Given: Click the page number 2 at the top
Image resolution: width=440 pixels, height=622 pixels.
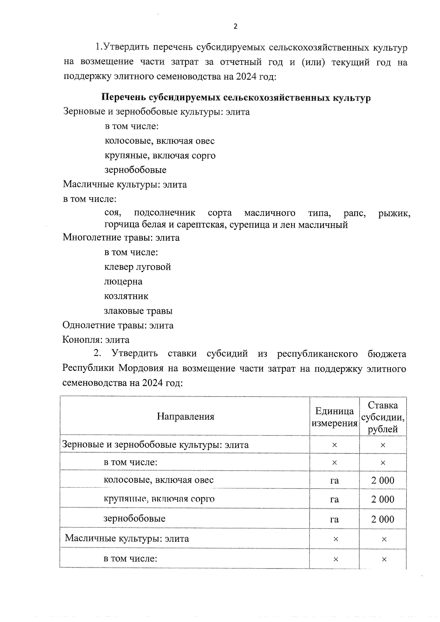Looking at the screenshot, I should (x=235, y=26).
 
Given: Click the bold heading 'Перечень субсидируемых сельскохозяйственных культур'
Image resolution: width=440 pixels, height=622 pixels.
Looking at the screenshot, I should (x=236, y=98).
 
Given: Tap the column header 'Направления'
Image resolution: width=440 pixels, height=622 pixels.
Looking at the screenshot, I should (x=186, y=416).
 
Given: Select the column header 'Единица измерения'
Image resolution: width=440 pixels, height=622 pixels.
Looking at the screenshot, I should (x=334, y=417).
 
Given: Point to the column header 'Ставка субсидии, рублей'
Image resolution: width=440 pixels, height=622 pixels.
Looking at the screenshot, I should (x=383, y=417).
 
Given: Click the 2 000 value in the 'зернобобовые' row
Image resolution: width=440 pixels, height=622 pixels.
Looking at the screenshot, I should (x=383, y=519).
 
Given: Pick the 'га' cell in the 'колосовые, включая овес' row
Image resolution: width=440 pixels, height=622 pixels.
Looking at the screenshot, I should (x=334, y=480).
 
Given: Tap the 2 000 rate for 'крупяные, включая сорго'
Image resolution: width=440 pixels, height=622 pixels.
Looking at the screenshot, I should (x=383, y=499).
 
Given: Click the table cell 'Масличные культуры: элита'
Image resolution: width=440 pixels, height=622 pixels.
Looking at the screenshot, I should (x=127, y=538).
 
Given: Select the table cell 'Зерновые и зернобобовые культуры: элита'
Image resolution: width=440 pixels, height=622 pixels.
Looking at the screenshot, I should (x=155, y=445).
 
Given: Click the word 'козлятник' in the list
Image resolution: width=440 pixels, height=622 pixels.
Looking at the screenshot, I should (x=126, y=296).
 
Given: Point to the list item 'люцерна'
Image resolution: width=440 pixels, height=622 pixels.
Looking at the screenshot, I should (x=123, y=281).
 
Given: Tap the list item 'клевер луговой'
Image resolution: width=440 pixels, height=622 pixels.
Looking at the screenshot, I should (x=137, y=267).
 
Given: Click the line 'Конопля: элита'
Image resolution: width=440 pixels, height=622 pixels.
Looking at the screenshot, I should (x=96, y=340).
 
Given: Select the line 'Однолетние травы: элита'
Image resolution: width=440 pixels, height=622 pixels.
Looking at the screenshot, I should (x=118, y=325).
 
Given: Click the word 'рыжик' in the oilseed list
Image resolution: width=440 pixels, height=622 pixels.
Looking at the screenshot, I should (x=394, y=213).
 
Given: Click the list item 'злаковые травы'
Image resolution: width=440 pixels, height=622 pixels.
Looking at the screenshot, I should (x=138, y=311).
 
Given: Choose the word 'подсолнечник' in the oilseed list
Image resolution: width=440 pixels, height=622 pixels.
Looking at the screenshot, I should (x=165, y=213).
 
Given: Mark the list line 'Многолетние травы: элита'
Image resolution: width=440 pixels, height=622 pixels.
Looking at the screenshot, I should (x=121, y=238).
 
